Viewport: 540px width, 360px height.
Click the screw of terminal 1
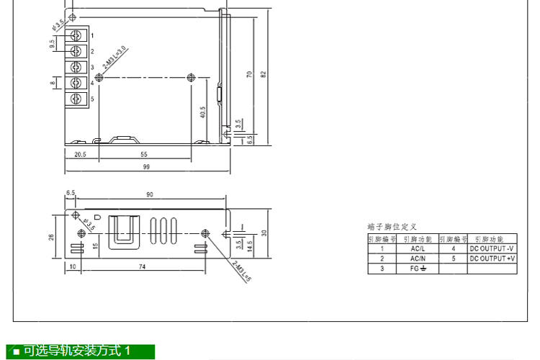pyautogui.click(x=76, y=35)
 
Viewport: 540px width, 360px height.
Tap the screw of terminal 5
pyautogui.click(x=76, y=98)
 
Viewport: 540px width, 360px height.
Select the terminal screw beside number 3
pyautogui.click(x=76, y=67)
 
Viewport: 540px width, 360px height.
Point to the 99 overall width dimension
pyautogui.click(x=147, y=167)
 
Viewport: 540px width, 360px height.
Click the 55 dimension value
pyautogui.click(x=144, y=154)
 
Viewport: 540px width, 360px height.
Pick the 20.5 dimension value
pyautogui.click(x=80, y=154)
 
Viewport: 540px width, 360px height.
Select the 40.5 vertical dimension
pyautogui.click(x=203, y=112)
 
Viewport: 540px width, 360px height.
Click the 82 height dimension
pyautogui.click(x=264, y=74)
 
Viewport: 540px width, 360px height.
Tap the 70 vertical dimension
pyautogui.click(x=249, y=74)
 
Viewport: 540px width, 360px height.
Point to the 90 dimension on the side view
pyautogui.click(x=149, y=194)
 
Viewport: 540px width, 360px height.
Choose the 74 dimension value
pyautogui.click(x=143, y=267)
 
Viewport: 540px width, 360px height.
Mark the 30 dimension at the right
pyautogui.click(x=264, y=233)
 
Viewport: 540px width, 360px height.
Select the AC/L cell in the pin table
pyautogui.click(x=418, y=248)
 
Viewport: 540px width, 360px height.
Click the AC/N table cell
pyautogui.click(x=418, y=258)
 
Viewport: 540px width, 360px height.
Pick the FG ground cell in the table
pyautogui.click(x=418, y=268)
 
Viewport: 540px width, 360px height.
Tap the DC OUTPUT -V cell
pyautogui.click(x=492, y=248)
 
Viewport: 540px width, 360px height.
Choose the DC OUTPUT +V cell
pyautogui.click(x=492, y=258)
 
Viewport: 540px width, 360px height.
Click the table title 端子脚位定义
pyautogui.click(x=392, y=227)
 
